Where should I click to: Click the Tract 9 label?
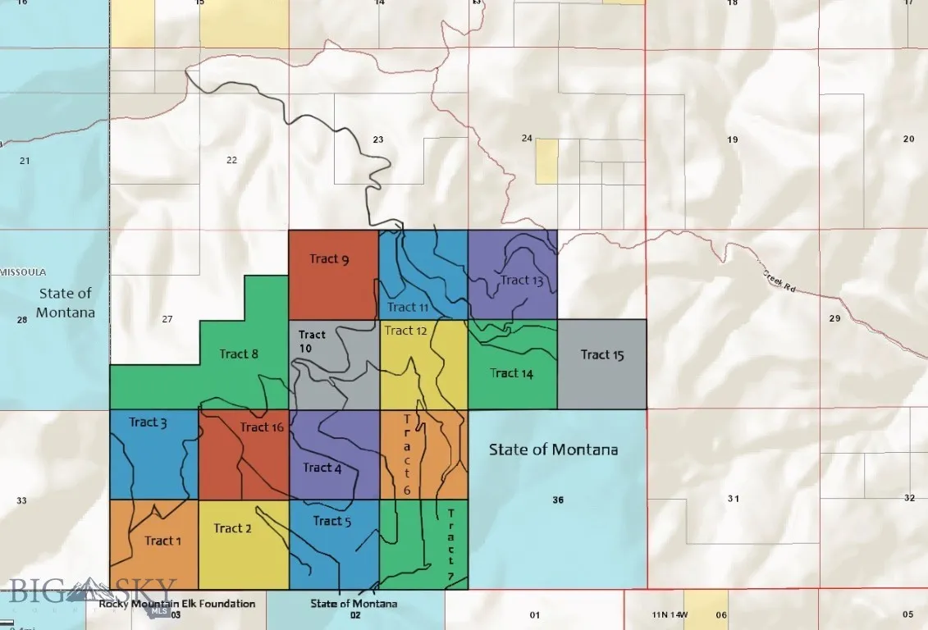click(x=329, y=259)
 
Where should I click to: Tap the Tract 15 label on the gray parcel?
click(x=602, y=354)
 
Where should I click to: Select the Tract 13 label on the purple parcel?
click(x=522, y=281)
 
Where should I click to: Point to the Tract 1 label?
click(x=162, y=541)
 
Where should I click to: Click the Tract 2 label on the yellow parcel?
click(x=232, y=528)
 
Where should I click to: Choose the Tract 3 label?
click(x=148, y=422)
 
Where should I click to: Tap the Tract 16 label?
click(x=262, y=427)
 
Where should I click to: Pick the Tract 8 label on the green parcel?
click(x=239, y=354)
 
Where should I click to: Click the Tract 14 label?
click(x=511, y=373)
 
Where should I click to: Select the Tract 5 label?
click(x=332, y=521)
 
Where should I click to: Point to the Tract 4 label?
click(x=322, y=468)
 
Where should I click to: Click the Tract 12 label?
click(x=405, y=331)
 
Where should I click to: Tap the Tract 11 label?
click(x=408, y=308)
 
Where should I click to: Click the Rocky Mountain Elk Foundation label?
click(x=177, y=604)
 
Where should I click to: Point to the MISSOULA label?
click(x=24, y=272)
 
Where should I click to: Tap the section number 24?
click(x=527, y=138)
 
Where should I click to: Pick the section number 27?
click(x=167, y=319)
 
